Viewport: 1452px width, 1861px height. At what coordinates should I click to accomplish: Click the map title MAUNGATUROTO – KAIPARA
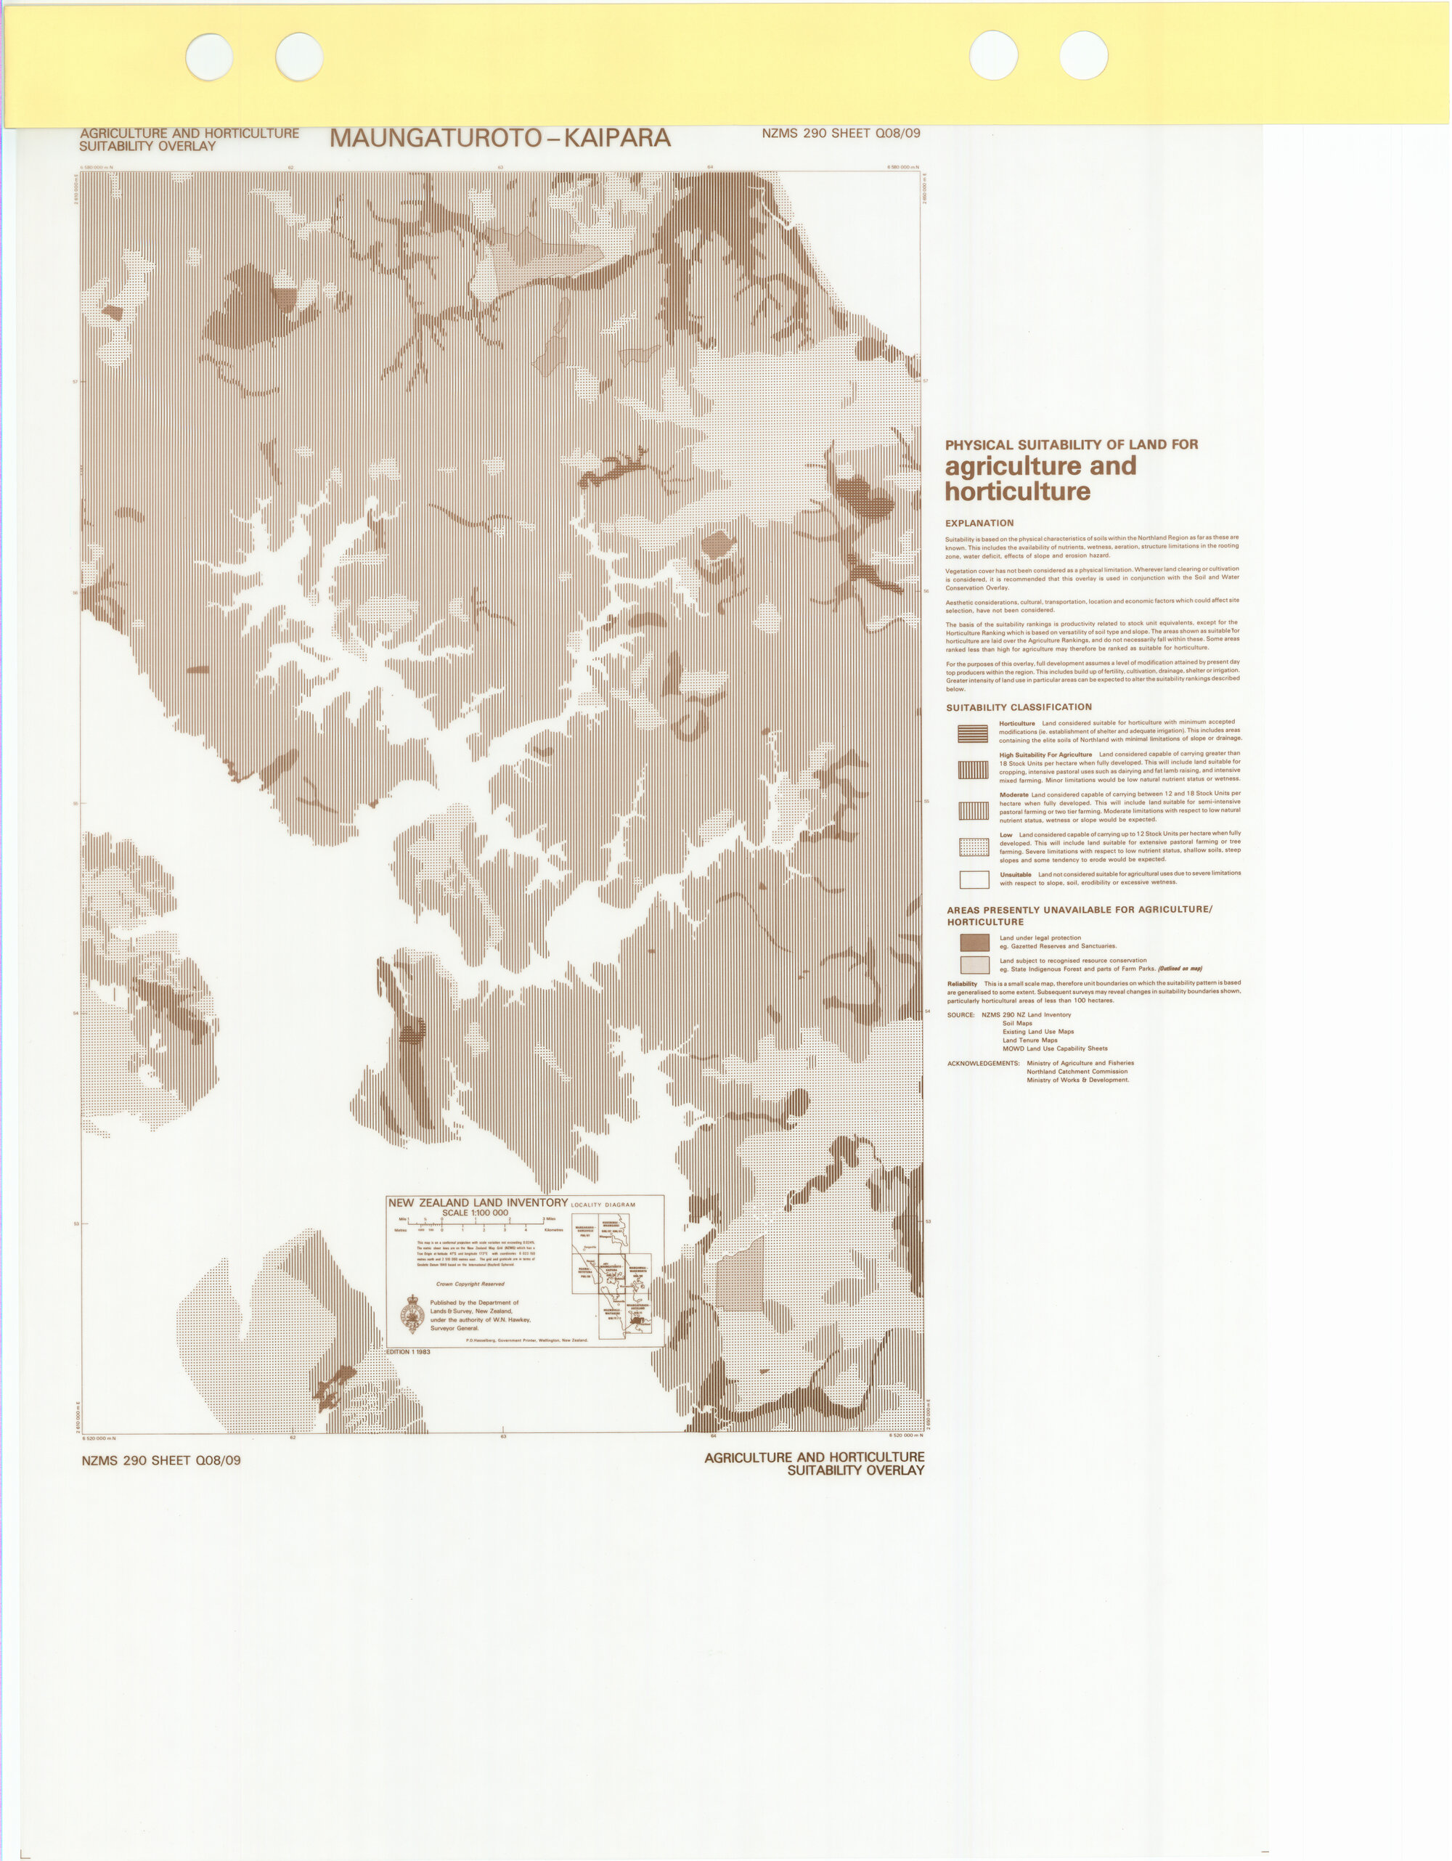point(500,138)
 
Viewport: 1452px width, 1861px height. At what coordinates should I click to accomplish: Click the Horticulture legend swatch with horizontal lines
point(973,733)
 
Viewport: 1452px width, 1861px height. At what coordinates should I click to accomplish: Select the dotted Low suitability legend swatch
point(974,847)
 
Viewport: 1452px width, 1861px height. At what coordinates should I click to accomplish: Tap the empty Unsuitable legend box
point(974,879)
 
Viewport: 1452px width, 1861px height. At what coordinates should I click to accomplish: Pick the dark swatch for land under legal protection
point(975,942)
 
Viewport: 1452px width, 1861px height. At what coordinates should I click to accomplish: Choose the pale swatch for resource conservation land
point(975,964)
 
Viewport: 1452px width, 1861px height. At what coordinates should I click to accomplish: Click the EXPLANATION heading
point(979,524)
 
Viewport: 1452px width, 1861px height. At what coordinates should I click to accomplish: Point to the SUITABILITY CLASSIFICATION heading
point(1019,707)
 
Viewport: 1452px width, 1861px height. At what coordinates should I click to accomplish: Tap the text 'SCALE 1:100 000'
point(475,1213)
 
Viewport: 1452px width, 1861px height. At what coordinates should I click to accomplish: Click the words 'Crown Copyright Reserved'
point(470,1284)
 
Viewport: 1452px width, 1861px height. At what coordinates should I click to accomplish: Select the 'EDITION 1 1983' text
point(409,1352)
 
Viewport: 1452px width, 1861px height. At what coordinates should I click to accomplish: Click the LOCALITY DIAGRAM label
point(603,1205)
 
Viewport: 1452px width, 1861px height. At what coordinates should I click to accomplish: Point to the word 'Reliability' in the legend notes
point(963,983)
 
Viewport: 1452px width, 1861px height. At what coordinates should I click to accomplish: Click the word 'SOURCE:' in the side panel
point(960,1015)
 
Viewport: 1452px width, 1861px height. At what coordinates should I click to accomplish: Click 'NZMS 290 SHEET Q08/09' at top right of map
point(841,133)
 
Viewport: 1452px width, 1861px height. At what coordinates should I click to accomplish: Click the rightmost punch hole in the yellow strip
point(1084,55)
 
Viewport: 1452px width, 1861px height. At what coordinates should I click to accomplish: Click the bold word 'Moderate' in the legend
point(1014,795)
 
